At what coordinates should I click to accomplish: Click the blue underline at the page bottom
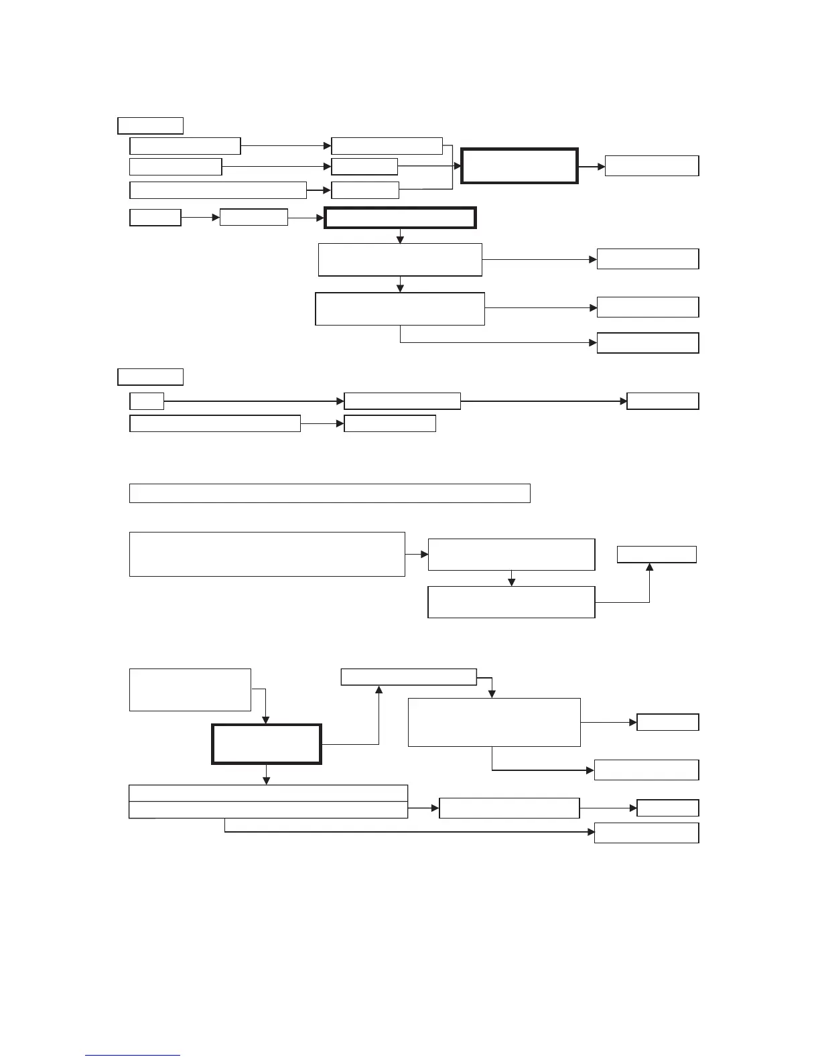(x=133, y=1056)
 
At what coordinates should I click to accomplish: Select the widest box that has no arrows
(x=330, y=493)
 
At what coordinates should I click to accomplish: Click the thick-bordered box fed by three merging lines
(x=519, y=165)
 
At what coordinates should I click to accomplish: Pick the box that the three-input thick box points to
(x=651, y=165)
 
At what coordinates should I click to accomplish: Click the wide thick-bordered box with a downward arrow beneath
(x=400, y=218)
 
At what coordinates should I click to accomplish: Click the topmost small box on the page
(x=150, y=125)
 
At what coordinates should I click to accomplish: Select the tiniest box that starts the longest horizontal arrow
(x=147, y=401)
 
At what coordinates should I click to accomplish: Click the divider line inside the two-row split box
(x=268, y=801)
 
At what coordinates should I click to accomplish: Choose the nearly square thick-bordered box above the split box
(x=267, y=744)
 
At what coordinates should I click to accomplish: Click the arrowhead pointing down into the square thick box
(x=266, y=720)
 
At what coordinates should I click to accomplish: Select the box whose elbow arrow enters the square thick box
(x=190, y=689)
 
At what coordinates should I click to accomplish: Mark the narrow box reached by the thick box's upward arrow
(x=409, y=677)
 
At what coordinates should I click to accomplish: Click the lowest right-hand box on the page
(x=646, y=833)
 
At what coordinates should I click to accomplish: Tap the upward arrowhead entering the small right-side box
(x=649, y=567)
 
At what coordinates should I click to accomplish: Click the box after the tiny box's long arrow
(x=402, y=401)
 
